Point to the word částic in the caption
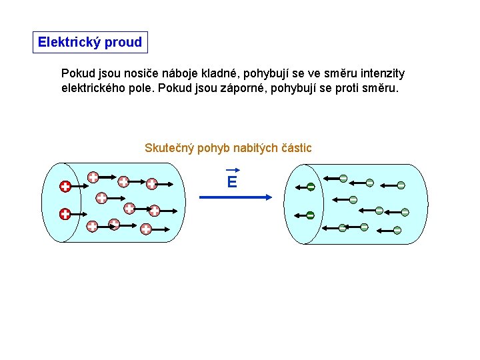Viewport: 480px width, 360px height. pos(295,148)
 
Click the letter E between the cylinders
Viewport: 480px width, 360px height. pos(232,182)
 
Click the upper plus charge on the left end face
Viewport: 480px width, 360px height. pos(65,186)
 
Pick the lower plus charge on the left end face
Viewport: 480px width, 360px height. pos(65,214)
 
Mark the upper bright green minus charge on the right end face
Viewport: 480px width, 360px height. pos(311,187)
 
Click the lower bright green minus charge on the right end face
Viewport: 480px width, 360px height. pos(311,215)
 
